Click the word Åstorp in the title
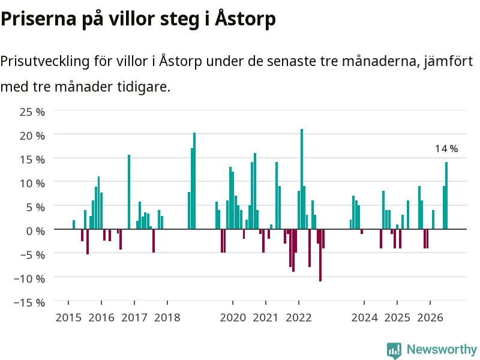[245, 19]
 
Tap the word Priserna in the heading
[38, 19]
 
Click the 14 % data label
[446, 149]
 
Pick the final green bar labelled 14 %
[446, 196]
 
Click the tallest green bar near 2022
[302, 179]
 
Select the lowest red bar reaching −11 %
[320, 255]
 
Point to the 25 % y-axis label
[32, 112]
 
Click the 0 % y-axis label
[36, 231]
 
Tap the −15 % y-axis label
[29, 302]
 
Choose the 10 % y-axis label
[32, 184]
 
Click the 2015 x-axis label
[68, 317]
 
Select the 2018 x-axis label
[167, 317]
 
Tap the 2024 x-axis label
[364, 317]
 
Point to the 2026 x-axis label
[430, 317]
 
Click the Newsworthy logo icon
[394, 350]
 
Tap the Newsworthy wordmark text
[442, 349]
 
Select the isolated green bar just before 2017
[129, 192]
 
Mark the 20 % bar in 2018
[194, 181]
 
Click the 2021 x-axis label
[266, 317]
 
